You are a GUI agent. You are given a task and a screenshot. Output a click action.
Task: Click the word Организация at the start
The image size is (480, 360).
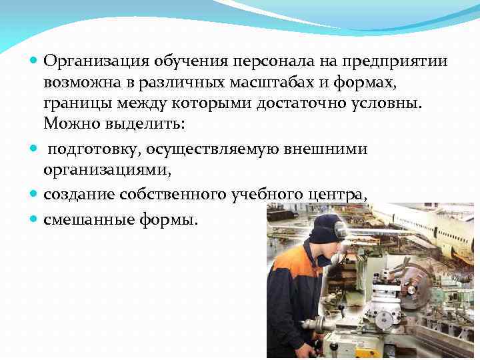point(96,62)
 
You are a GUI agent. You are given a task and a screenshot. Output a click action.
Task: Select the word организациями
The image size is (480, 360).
point(107,170)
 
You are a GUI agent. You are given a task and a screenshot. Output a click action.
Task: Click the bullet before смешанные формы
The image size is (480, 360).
point(35,219)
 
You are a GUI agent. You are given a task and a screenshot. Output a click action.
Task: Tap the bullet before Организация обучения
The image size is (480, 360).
point(35,62)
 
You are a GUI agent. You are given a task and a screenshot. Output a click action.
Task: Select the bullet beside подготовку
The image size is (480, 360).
point(35,150)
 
